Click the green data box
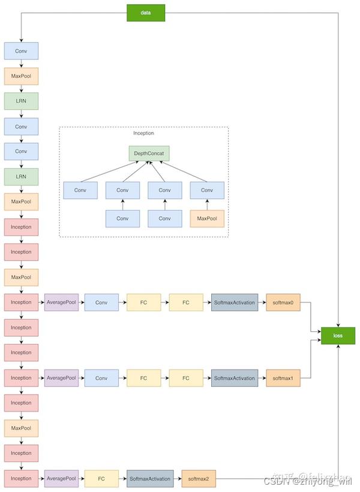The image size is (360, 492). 145,13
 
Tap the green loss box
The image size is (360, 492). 338,335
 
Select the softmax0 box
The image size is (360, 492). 283,302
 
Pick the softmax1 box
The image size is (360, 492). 283,378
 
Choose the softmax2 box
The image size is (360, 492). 198,478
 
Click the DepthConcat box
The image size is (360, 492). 149,153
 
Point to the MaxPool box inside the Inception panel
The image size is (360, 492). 207,219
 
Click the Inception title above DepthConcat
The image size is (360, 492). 143,133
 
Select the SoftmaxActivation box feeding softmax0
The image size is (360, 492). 235,302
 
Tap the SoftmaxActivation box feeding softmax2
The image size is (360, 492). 150,478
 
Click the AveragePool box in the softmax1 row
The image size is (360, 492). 62,378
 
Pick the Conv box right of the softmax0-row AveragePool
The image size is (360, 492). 102,302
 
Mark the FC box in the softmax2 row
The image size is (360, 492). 101,478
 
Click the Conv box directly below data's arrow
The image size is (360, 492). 21,50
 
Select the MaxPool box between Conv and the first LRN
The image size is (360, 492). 21,76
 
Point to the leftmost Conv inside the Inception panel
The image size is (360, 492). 80,191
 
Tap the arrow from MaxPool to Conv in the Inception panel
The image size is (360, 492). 207,205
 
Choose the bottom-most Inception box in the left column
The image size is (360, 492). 21,478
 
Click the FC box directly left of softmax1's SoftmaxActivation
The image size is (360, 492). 186,378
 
